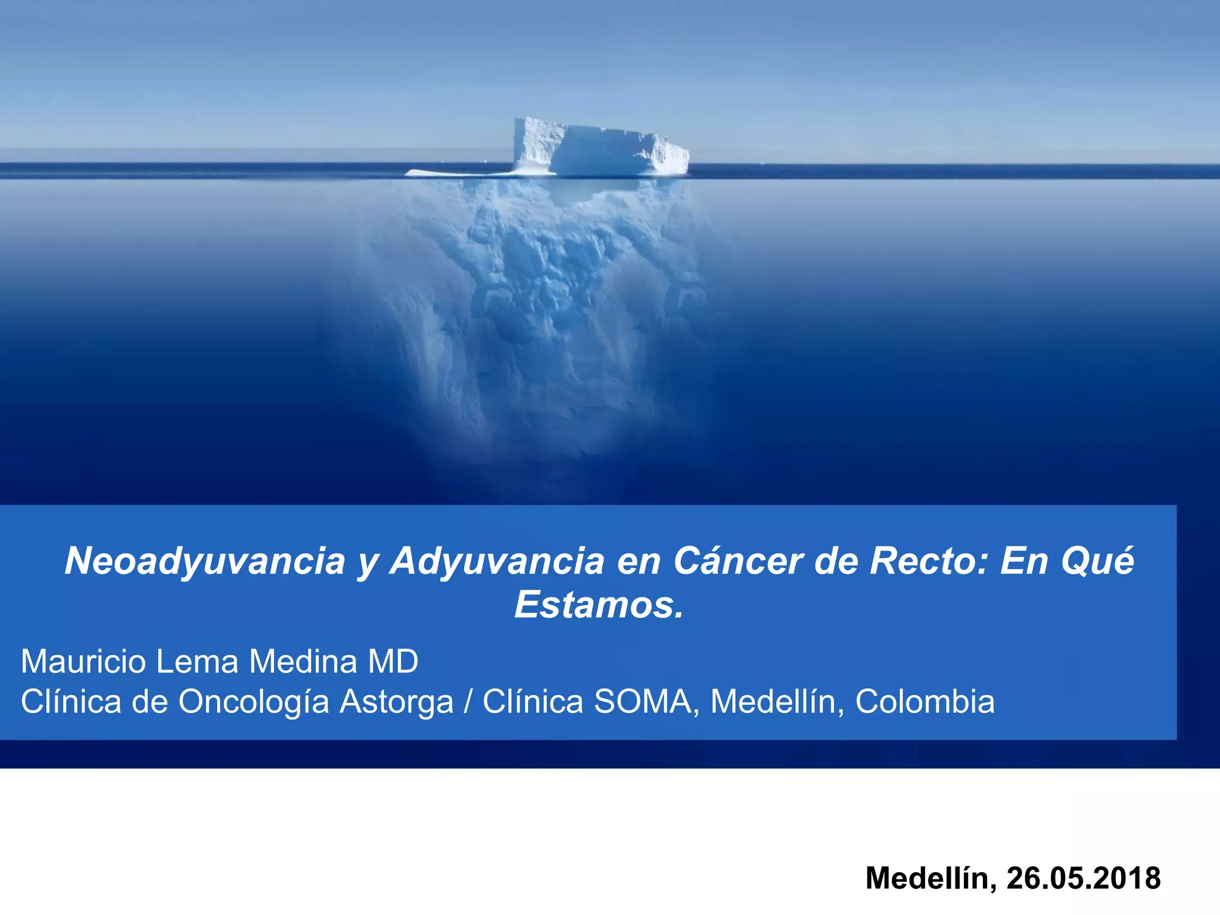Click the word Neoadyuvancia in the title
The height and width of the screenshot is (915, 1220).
coord(205,561)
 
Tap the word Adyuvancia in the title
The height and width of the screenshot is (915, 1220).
coord(497,561)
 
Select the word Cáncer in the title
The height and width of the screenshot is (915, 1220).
coord(739,561)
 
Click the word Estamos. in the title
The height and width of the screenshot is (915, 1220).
coord(599,605)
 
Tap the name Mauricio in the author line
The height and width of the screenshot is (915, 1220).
coord(83,661)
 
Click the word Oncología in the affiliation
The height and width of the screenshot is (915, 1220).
coord(253,702)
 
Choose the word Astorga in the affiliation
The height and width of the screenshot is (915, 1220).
coord(396,702)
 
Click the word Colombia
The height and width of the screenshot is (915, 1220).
coord(925,702)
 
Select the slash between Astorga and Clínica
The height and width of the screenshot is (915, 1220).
coord(468,702)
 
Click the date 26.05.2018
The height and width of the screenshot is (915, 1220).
coord(1084,878)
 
